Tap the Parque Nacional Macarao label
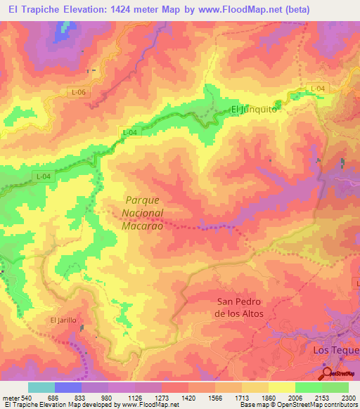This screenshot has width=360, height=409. [144, 212]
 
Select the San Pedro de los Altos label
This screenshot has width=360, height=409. [239, 308]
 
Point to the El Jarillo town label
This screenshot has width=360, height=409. [63, 320]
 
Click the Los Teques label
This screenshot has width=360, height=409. [335, 349]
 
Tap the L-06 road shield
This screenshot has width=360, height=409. [79, 92]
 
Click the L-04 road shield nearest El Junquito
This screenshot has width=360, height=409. [319, 88]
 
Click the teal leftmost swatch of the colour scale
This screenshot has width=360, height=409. [41, 387]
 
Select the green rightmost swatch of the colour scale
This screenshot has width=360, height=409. [335, 387]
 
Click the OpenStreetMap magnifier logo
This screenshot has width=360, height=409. [328, 373]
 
